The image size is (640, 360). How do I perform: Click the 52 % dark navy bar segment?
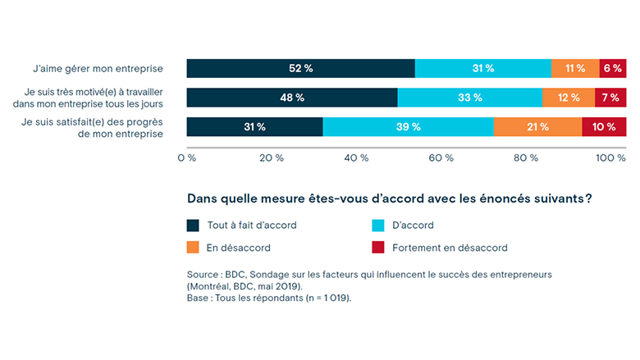click(x=300, y=69)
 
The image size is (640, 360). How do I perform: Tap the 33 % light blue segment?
click(x=469, y=98)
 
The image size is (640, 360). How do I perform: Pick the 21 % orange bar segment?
click(x=537, y=127)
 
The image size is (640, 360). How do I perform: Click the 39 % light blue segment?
click(x=408, y=127)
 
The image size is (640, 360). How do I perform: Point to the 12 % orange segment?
click(x=569, y=98)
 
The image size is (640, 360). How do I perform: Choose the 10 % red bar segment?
click(x=604, y=127)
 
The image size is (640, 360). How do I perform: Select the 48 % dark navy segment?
click(x=292, y=98)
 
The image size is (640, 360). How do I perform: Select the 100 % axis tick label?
click(x=610, y=157)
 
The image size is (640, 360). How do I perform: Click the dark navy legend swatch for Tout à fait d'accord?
click(x=194, y=225)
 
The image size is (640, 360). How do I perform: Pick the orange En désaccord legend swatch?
click(x=194, y=248)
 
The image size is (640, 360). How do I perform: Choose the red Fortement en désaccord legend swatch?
click(x=378, y=248)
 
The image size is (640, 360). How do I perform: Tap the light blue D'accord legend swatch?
click(x=378, y=225)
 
